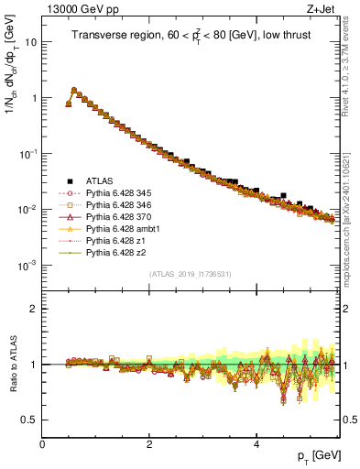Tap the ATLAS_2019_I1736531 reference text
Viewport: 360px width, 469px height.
(191, 275)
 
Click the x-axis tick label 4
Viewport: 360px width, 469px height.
(256, 442)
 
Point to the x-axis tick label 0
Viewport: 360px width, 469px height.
(42, 442)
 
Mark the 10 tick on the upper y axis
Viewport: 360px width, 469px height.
(30, 42)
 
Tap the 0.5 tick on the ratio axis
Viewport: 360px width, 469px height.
(28, 420)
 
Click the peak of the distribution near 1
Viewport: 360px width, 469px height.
(74, 90)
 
